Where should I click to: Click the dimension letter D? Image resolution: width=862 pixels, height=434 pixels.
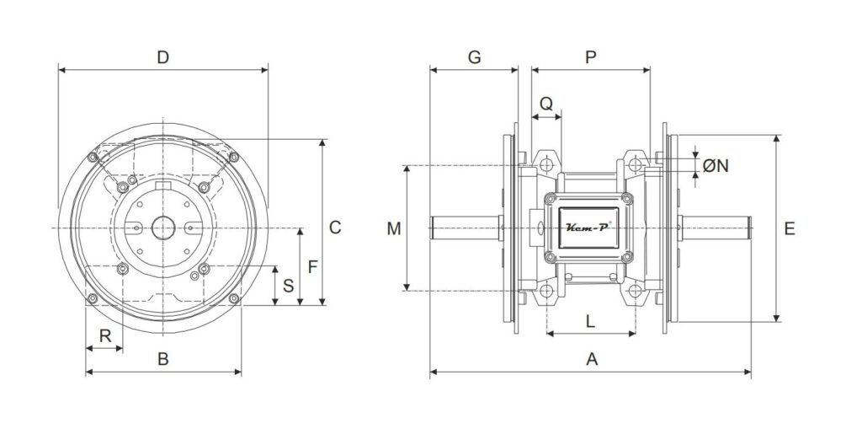pyautogui.click(x=162, y=57)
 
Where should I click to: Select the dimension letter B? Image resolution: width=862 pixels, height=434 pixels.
pyautogui.click(x=162, y=359)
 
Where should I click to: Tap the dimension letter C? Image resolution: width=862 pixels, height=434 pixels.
pyautogui.click(x=335, y=228)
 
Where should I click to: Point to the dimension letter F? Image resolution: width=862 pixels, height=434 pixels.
pyautogui.click(x=313, y=267)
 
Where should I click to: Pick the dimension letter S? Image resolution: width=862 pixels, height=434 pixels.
pyautogui.click(x=288, y=286)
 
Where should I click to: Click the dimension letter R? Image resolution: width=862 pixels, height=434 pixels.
pyautogui.click(x=104, y=335)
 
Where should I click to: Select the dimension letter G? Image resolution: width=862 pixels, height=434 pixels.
pyautogui.click(x=474, y=57)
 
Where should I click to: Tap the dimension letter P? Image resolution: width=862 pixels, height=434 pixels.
pyautogui.click(x=590, y=57)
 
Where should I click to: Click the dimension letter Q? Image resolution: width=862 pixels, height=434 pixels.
pyautogui.click(x=545, y=104)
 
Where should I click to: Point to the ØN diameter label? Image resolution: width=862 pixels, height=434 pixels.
pyautogui.click(x=716, y=165)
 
